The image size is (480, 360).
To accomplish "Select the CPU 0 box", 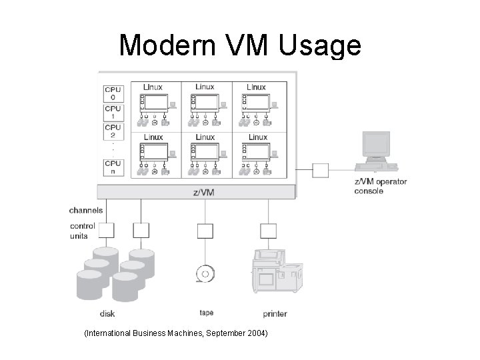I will [113, 93].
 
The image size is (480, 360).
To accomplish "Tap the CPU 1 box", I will [113, 112].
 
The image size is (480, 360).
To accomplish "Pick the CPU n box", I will [113, 167].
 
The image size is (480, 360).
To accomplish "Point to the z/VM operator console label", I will [380, 186].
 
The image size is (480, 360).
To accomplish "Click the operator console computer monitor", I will [375, 145].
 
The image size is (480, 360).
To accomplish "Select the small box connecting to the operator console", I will [321, 170].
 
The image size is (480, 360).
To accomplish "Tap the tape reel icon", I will [205, 274].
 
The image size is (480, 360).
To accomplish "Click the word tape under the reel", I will [206, 312].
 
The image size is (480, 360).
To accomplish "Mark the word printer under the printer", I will [275, 313].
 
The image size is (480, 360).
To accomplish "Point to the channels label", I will [86, 210].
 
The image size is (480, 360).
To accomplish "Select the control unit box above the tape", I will [205, 231].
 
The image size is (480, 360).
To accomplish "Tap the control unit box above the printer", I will [267, 231].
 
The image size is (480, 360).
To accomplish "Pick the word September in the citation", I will [221, 332].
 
